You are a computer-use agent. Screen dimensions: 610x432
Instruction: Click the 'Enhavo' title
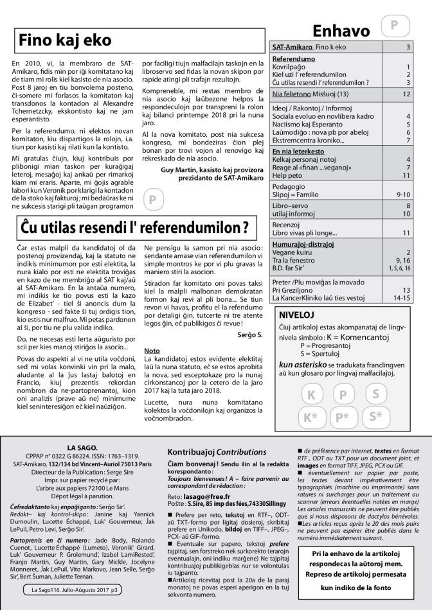(x=341, y=31)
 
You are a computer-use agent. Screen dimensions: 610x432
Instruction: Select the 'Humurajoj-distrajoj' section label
(x=304, y=245)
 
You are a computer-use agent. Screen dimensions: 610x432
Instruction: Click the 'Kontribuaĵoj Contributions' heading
(x=216, y=451)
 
